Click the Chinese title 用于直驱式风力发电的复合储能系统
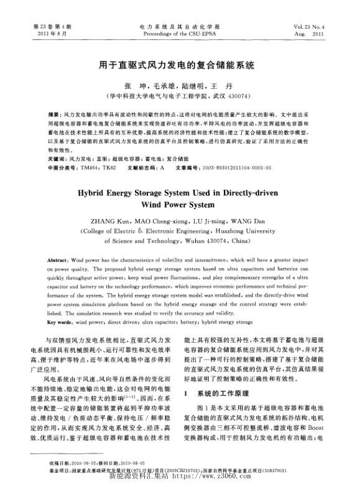click(x=180, y=64)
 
